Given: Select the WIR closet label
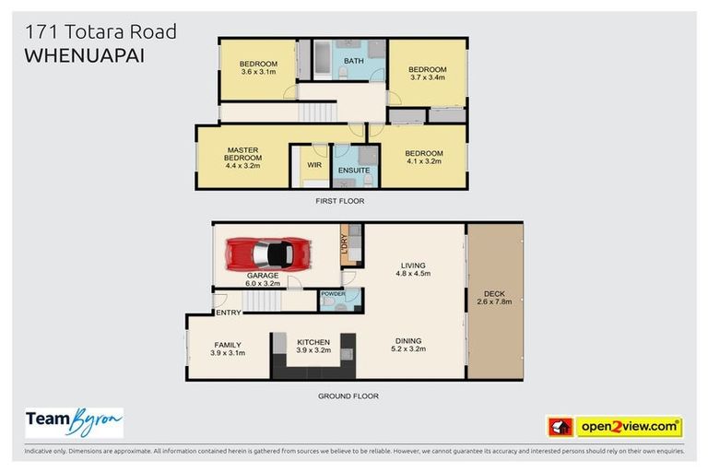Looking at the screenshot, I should (313, 166).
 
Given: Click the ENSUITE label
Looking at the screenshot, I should (354, 171).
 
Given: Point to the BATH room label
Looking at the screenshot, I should (353, 61).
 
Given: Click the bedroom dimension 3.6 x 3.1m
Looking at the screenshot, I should (258, 72).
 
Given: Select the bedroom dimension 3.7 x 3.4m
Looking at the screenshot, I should (427, 78).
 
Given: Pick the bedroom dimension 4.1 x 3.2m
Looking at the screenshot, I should (423, 160).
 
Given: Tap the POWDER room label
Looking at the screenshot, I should (333, 294).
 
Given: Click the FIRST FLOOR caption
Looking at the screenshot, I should (342, 200).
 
